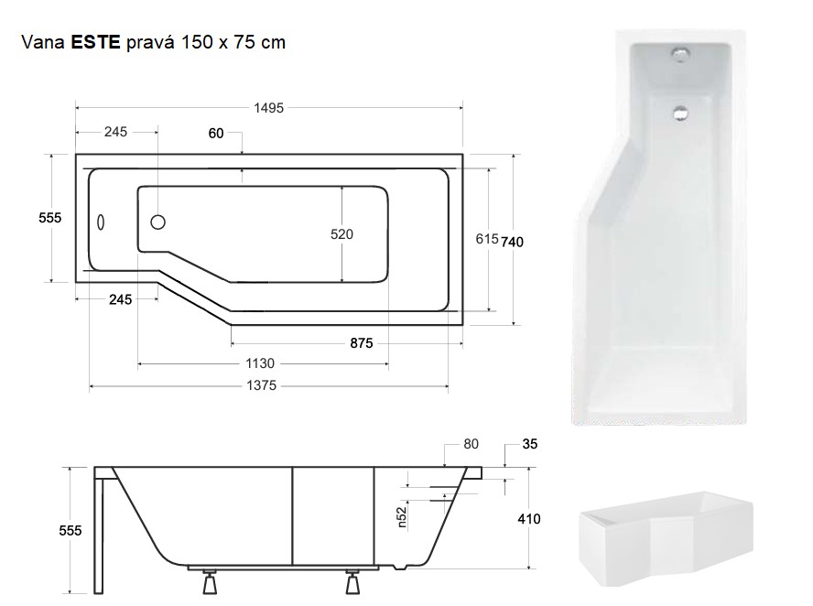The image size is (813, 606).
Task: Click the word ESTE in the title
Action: tap(95, 42)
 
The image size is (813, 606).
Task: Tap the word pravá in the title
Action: tap(156, 42)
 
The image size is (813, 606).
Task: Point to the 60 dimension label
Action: tap(216, 134)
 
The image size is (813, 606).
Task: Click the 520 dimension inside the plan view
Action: tap(341, 234)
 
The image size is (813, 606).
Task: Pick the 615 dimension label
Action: tap(486, 239)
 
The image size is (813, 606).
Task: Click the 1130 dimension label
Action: tap(260, 364)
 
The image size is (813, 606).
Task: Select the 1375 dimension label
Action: tap(262, 386)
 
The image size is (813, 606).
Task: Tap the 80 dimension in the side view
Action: tap(471, 445)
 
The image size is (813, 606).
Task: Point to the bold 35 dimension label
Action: tap(529, 445)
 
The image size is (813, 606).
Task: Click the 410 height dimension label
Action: tap(528, 519)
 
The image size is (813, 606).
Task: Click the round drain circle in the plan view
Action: tap(157, 222)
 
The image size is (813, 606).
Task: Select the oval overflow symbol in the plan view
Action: tap(102, 222)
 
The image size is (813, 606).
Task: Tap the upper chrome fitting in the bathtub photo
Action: tap(681, 57)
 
